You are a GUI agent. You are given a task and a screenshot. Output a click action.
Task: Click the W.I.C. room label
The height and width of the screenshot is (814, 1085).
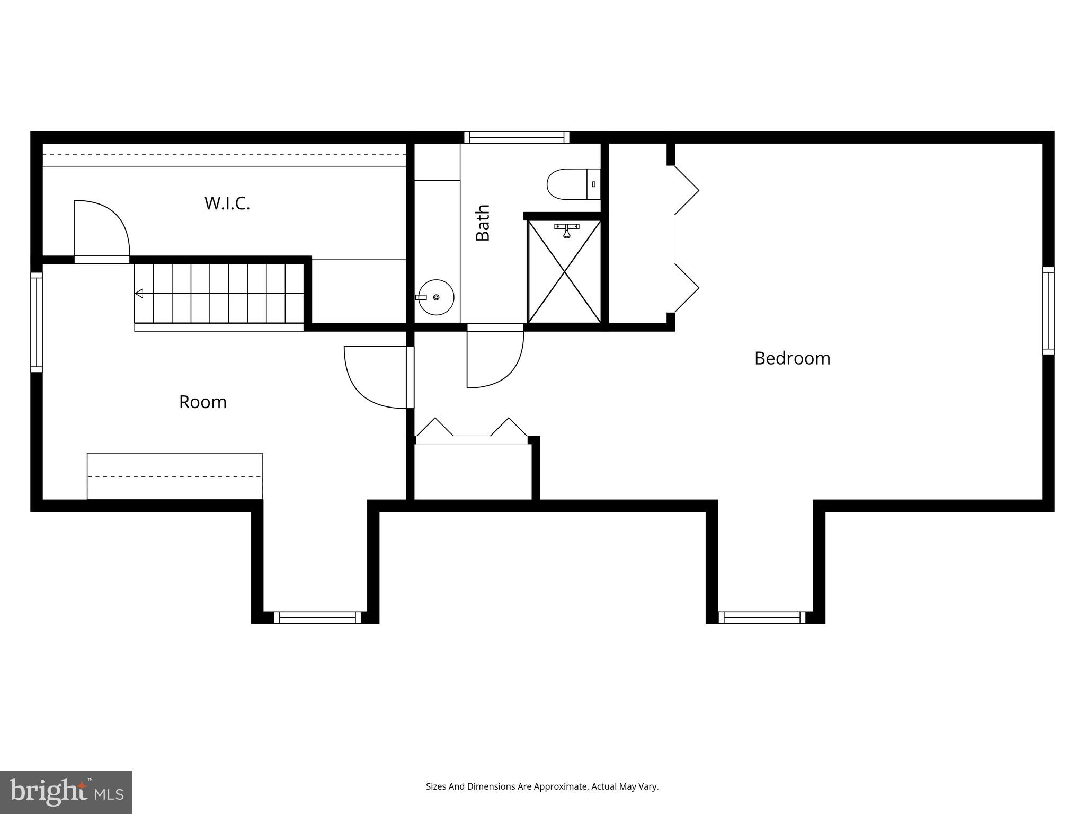click(227, 203)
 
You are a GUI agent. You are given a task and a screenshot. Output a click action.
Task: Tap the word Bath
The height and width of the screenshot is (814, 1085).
click(483, 223)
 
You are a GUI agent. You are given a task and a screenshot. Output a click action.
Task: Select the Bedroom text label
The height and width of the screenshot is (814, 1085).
click(792, 359)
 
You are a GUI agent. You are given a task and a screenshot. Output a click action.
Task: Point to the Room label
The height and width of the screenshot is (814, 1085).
click(203, 402)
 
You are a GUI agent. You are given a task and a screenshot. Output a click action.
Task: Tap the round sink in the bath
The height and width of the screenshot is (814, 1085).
click(436, 297)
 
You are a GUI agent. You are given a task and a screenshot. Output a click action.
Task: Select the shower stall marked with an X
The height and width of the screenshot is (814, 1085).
click(565, 271)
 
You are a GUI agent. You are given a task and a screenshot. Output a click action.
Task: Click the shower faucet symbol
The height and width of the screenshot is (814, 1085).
click(566, 229)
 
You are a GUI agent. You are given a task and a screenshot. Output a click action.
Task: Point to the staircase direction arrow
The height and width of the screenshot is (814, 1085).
click(139, 293)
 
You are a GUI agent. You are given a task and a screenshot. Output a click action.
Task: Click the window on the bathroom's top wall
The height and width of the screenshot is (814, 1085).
click(517, 138)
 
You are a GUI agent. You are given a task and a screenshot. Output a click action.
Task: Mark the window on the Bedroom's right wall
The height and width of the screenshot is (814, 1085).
click(1048, 311)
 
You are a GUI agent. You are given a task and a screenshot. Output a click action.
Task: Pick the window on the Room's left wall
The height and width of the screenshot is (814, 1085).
click(36, 322)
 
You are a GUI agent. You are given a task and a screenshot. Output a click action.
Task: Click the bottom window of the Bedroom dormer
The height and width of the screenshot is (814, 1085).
click(761, 617)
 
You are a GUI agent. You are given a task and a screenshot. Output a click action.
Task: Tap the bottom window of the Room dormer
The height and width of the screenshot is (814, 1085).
click(317, 617)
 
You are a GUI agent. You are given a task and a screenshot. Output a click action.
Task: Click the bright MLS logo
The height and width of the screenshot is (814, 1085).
click(66, 792)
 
